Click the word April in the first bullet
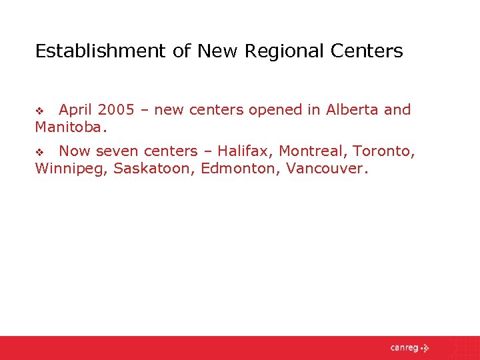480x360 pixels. pyautogui.click(x=76, y=110)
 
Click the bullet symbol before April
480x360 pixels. pyautogui.click(x=39, y=111)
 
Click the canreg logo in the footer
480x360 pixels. pyautogui.click(x=409, y=347)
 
